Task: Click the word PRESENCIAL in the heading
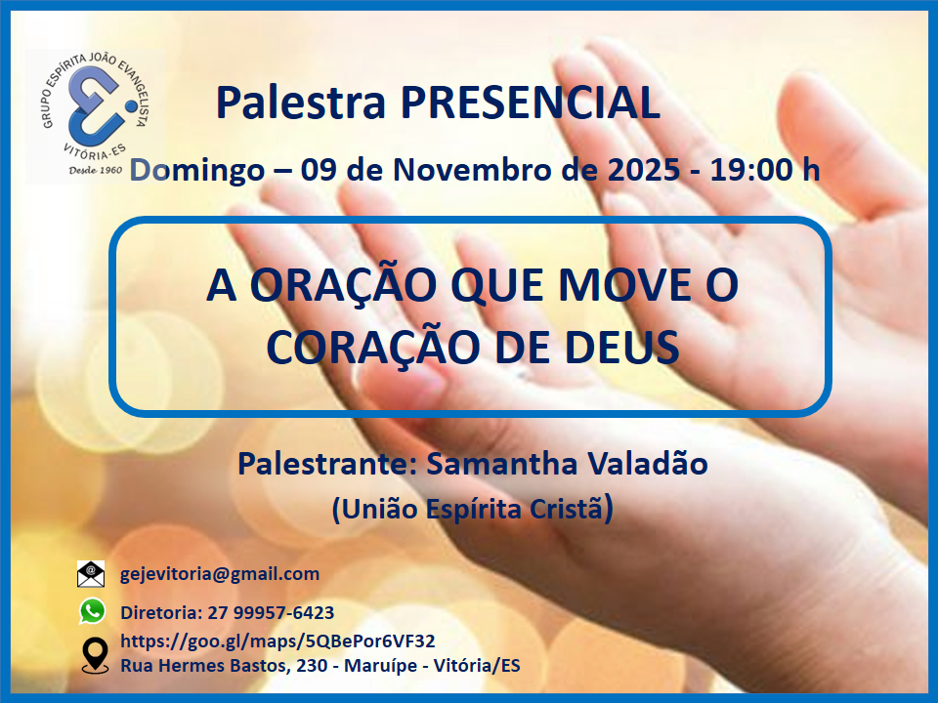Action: coord(530,103)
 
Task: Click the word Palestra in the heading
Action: coord(301,103)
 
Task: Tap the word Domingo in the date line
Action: coord(197,171)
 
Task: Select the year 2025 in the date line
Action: coord(644,170)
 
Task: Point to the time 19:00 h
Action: coord(764,170)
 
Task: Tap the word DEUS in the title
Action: coord(622,348)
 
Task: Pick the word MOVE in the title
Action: coord(624,285)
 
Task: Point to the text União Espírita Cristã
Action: coord(472,509)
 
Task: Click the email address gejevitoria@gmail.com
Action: coord(220,574)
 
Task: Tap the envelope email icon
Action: coord(91,574)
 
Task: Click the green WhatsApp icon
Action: coord(92,611)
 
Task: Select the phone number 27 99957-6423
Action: coord(271,613)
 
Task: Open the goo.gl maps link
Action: coord(277,641)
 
